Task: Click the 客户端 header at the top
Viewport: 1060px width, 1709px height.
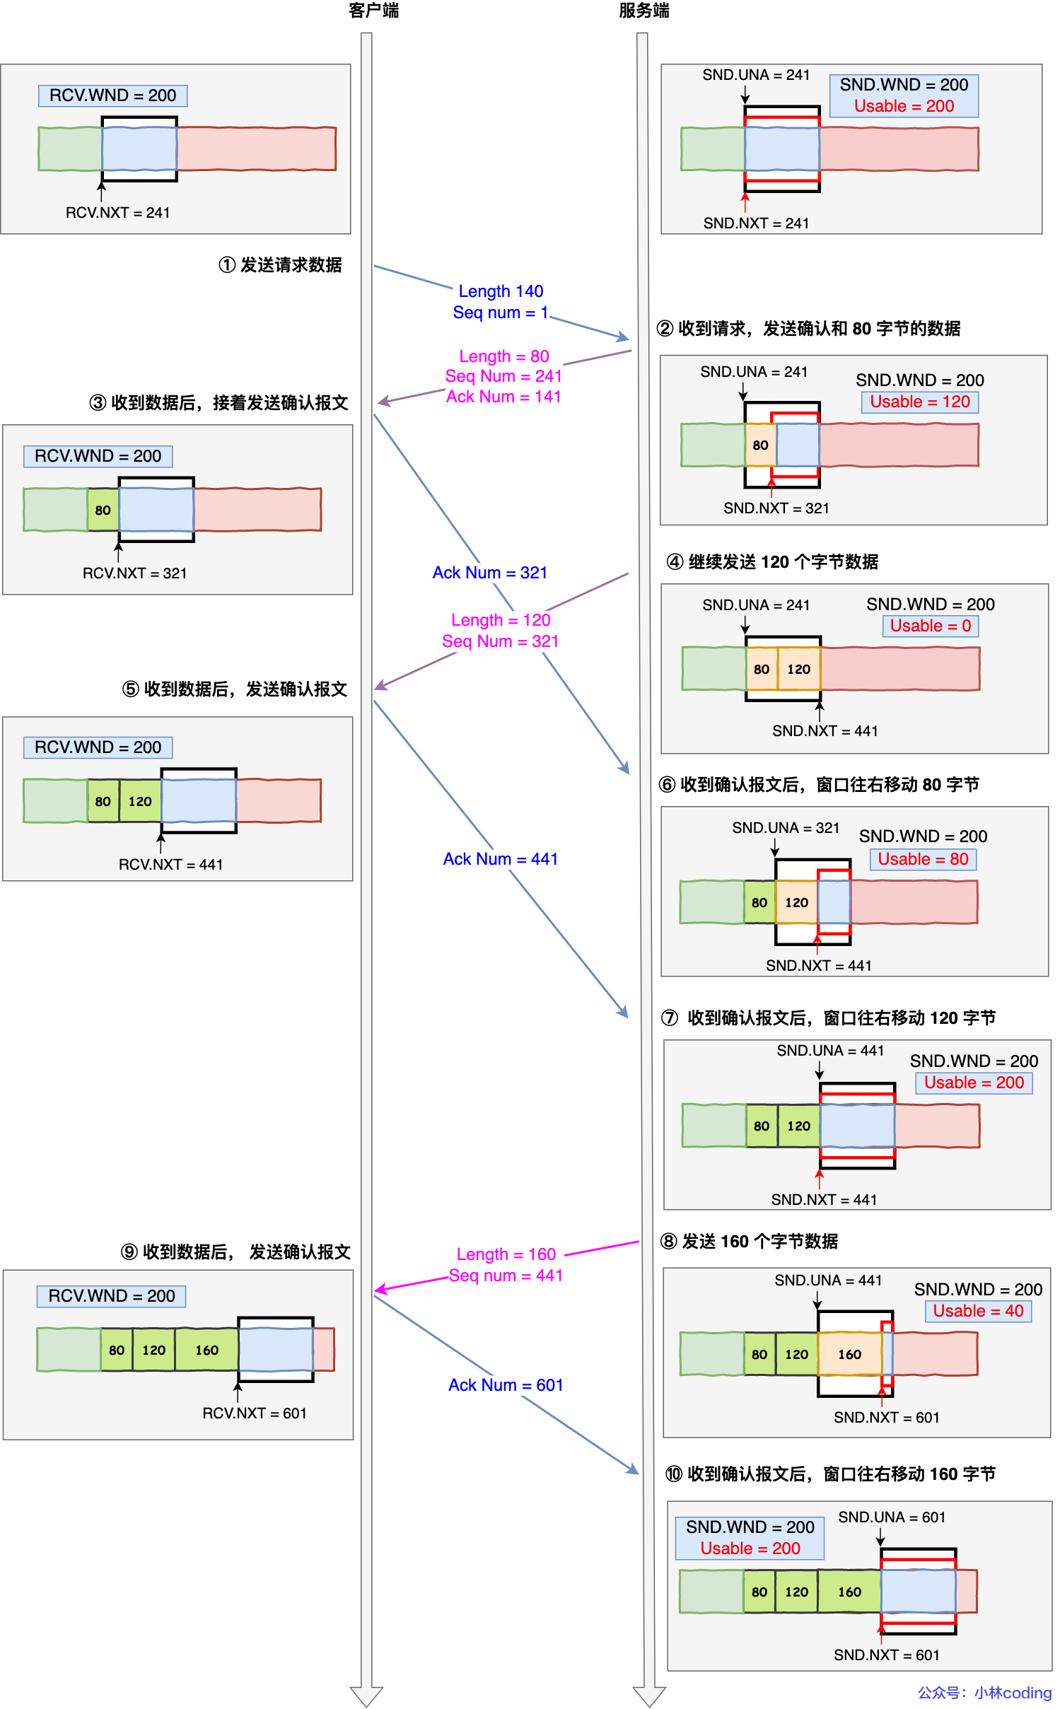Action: coord(373,11)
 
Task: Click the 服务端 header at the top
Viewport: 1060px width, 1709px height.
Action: coord(643,11)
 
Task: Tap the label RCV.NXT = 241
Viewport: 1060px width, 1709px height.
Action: coord(117,213)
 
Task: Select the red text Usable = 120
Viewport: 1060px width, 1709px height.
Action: coord(919,402)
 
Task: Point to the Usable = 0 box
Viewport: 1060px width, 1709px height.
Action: coord(930,626)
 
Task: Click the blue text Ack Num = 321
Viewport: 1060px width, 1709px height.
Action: coord(490,573)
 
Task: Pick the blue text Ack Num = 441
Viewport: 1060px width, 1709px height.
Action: coord(501,859)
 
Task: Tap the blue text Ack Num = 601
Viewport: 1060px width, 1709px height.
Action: coord(506,1385)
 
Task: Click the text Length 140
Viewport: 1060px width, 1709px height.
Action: coord(501,291)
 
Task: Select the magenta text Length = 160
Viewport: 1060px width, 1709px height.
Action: coord(506,1254)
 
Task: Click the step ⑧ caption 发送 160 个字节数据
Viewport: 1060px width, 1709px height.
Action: coord(750,1242)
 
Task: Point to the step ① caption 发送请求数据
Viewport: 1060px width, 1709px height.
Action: coord(281,265)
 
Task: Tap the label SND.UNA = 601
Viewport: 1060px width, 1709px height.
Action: coord(892,1517)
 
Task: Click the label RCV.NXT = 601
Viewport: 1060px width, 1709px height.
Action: coord(255,1413)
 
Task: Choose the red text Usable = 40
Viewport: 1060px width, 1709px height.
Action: coord(978,1311)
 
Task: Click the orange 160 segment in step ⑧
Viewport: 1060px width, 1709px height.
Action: coord(849,1355)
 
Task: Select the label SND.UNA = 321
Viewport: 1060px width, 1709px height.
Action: coord(786,828)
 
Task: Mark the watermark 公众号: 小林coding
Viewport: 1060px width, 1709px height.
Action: coord(984,1693)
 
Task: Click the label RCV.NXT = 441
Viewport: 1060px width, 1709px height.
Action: coord(170,865)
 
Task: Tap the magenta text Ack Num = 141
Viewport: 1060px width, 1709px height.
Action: coord(503,397)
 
